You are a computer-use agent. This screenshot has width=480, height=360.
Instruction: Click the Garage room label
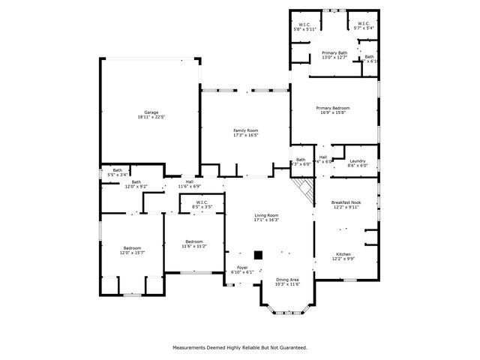(151, 115)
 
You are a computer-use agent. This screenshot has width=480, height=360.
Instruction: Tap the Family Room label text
(245, 133)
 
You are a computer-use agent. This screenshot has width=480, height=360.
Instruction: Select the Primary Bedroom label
(334, 110)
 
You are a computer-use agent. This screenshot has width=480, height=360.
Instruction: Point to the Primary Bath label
(334, 55)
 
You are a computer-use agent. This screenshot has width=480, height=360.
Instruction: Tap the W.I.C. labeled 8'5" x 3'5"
(202, 204)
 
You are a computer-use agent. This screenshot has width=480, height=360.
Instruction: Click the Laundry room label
(357, 163)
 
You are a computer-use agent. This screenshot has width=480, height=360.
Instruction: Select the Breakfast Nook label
(346, 204)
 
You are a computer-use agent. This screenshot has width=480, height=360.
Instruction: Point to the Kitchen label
(343, 256)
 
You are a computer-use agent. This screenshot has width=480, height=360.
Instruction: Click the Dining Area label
(287, 281)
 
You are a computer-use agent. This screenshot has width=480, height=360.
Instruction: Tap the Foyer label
(243, 269)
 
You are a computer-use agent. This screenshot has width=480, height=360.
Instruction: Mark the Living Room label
(266, 217)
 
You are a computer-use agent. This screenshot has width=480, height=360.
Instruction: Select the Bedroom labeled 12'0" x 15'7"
(131, 250)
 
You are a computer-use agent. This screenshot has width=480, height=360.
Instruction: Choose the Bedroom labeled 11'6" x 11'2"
(193, 244)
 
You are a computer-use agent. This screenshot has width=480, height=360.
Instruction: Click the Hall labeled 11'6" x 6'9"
(190, 184)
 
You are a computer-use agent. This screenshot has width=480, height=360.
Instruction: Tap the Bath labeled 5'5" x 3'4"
(118, 172)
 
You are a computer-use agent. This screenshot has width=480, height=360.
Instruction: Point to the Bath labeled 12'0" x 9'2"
(136, 184)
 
